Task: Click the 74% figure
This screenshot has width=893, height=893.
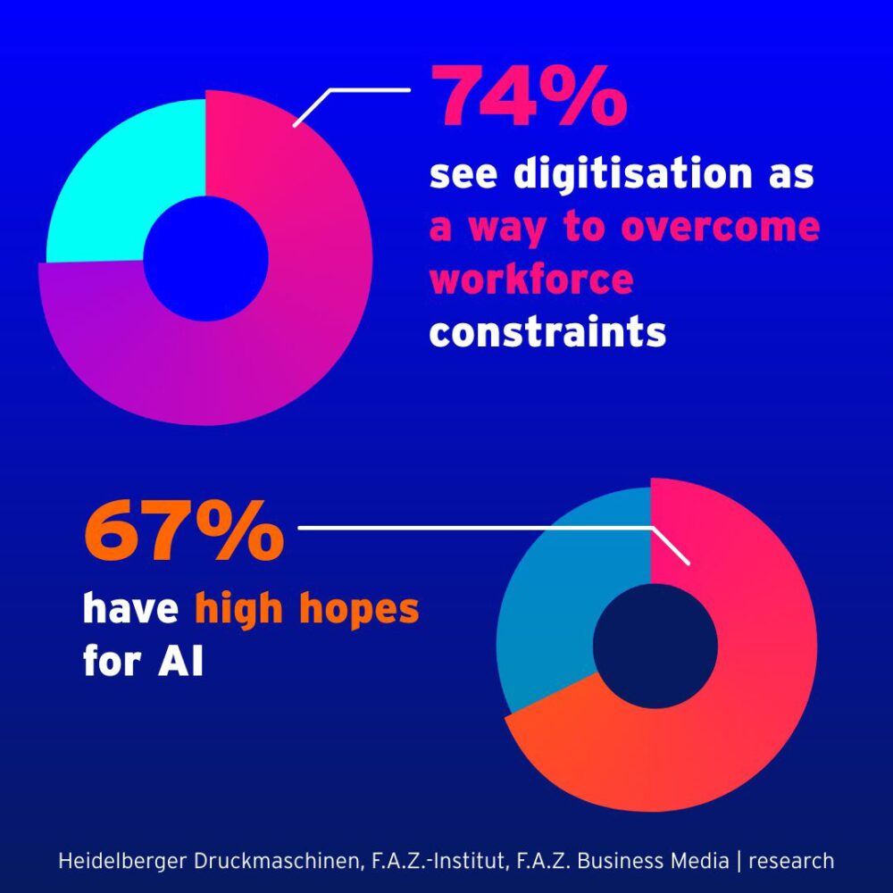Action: point(529,96)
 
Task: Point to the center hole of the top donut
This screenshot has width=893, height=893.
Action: point(205,258)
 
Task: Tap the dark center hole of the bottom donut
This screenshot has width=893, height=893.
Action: point(655,646)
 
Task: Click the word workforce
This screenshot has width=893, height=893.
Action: point(531,280)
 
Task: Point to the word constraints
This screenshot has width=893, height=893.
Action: point(547,332)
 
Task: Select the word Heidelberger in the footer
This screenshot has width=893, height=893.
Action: point(113,861)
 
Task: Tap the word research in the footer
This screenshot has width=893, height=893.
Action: point(790,861)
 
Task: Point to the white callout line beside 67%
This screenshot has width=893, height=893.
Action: point(473,528)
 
